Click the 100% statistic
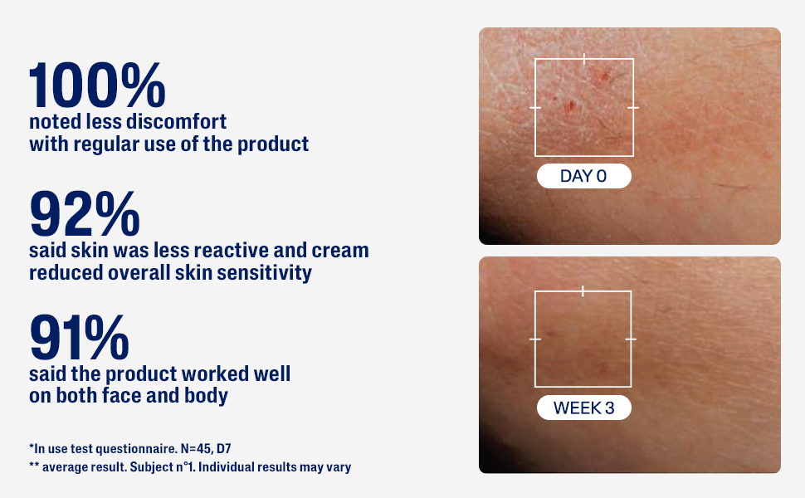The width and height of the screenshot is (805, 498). [x=97, y=85]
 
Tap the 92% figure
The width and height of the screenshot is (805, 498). [x=84, y=213]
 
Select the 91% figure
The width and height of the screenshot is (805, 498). [x=79, y=337]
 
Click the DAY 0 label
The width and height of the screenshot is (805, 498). [x=583, y=176]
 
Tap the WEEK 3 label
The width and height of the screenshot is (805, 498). [x=583, y=408]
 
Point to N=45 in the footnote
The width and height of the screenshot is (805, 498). [x=196, y=449]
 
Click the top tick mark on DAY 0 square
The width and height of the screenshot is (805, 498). [x=584, y=59]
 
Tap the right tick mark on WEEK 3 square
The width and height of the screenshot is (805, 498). [x=631, y=339]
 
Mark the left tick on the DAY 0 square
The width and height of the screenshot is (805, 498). [x=535, y=108]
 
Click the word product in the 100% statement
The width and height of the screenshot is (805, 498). [x=273, y=145]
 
